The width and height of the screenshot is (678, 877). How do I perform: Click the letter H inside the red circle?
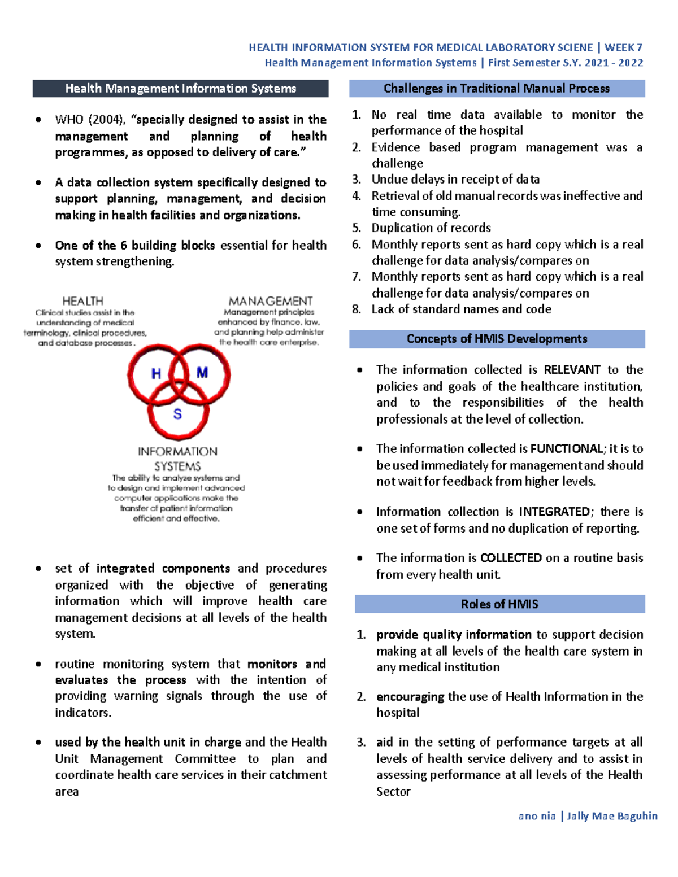(157, 374)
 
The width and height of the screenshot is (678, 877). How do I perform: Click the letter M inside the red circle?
(202, 373)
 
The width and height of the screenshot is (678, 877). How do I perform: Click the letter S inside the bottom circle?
(177, 414)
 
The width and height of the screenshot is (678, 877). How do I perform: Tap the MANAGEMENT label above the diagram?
(270, 301)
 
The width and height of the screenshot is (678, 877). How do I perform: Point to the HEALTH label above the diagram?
(82, 301)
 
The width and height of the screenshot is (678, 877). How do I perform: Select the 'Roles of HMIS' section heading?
(499, 604)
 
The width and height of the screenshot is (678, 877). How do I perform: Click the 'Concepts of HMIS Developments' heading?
(497, 339)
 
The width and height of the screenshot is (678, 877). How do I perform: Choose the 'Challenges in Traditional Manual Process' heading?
(497, 89)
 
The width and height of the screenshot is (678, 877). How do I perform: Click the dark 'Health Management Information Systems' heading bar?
(180, 89)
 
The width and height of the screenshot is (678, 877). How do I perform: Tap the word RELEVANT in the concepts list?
(572, 370)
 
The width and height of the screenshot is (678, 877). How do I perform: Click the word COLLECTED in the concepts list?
(511, 558)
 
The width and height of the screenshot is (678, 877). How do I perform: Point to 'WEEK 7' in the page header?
(624, 48)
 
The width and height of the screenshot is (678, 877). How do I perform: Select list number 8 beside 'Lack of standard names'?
(356, 309)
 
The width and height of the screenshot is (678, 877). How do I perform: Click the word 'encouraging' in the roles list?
(410, 697)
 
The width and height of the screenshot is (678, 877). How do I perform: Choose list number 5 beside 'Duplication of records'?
(356, 228)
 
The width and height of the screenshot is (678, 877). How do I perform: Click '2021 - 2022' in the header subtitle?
(614, 63)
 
